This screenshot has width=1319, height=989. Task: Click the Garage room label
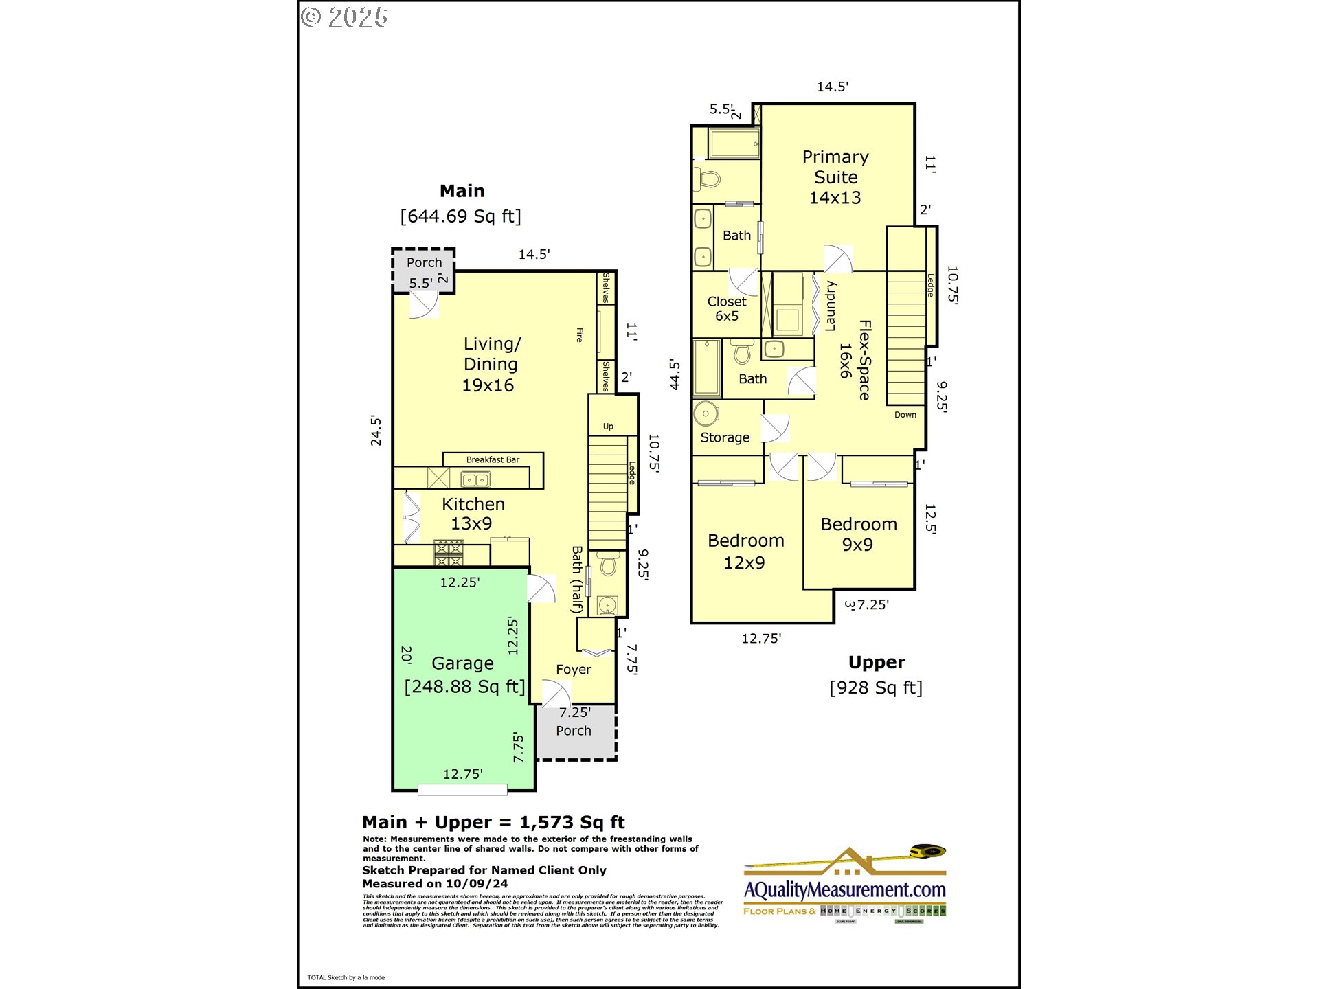(x=462, y=663)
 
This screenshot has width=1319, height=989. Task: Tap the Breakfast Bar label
(x=493, y=459)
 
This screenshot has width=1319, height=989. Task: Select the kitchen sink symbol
(x=475, y=479)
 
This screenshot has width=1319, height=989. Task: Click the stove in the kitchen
(x=449, y=553)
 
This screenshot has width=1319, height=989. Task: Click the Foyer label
(x=573, y=670)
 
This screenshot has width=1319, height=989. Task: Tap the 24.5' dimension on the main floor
(x=376, y=431)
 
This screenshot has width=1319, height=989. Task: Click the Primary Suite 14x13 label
(x=835, y=177)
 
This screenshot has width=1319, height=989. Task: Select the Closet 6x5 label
(x=727, y=309)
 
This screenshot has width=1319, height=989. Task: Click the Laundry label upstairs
(x=831, y=306)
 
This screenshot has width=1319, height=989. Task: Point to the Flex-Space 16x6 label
(x=856, y=360)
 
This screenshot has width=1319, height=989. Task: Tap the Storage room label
(x=725, y=437)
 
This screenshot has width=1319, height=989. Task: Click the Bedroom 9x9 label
(x=859, y=534)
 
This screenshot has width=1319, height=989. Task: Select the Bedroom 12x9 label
(x=745, y=552)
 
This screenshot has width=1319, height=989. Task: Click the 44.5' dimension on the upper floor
(x=675, y=375)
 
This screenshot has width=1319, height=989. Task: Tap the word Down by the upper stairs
(x=905, y=415)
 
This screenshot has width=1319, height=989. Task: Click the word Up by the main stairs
(x=608, y=427)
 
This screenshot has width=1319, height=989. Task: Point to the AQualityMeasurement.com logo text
(x=845, y=889)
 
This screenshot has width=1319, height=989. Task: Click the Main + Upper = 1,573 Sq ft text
(x=493, y=822)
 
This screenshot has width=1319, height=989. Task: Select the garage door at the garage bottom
(x=462, y=790)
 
